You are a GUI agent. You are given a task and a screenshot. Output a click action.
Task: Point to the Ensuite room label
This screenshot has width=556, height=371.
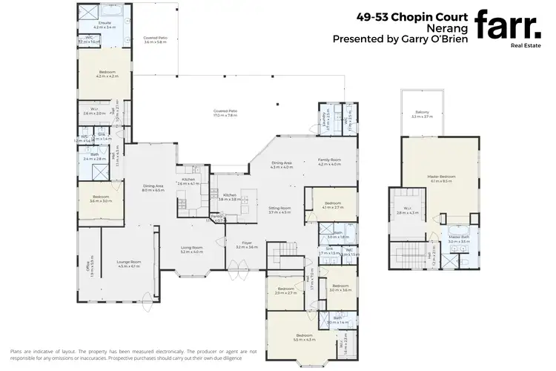tap(105, 24)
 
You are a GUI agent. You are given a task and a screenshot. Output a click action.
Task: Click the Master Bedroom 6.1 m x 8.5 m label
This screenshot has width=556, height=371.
tap(443, 178)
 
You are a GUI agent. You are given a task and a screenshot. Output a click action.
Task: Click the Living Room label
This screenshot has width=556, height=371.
tap(192, 249)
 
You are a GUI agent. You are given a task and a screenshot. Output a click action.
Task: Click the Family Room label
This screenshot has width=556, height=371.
tap(329, 161)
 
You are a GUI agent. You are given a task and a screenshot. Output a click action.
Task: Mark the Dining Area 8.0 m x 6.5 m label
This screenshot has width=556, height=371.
tap(153, 188)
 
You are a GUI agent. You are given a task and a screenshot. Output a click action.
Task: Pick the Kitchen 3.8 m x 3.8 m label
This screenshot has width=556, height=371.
tap(231, 197)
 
